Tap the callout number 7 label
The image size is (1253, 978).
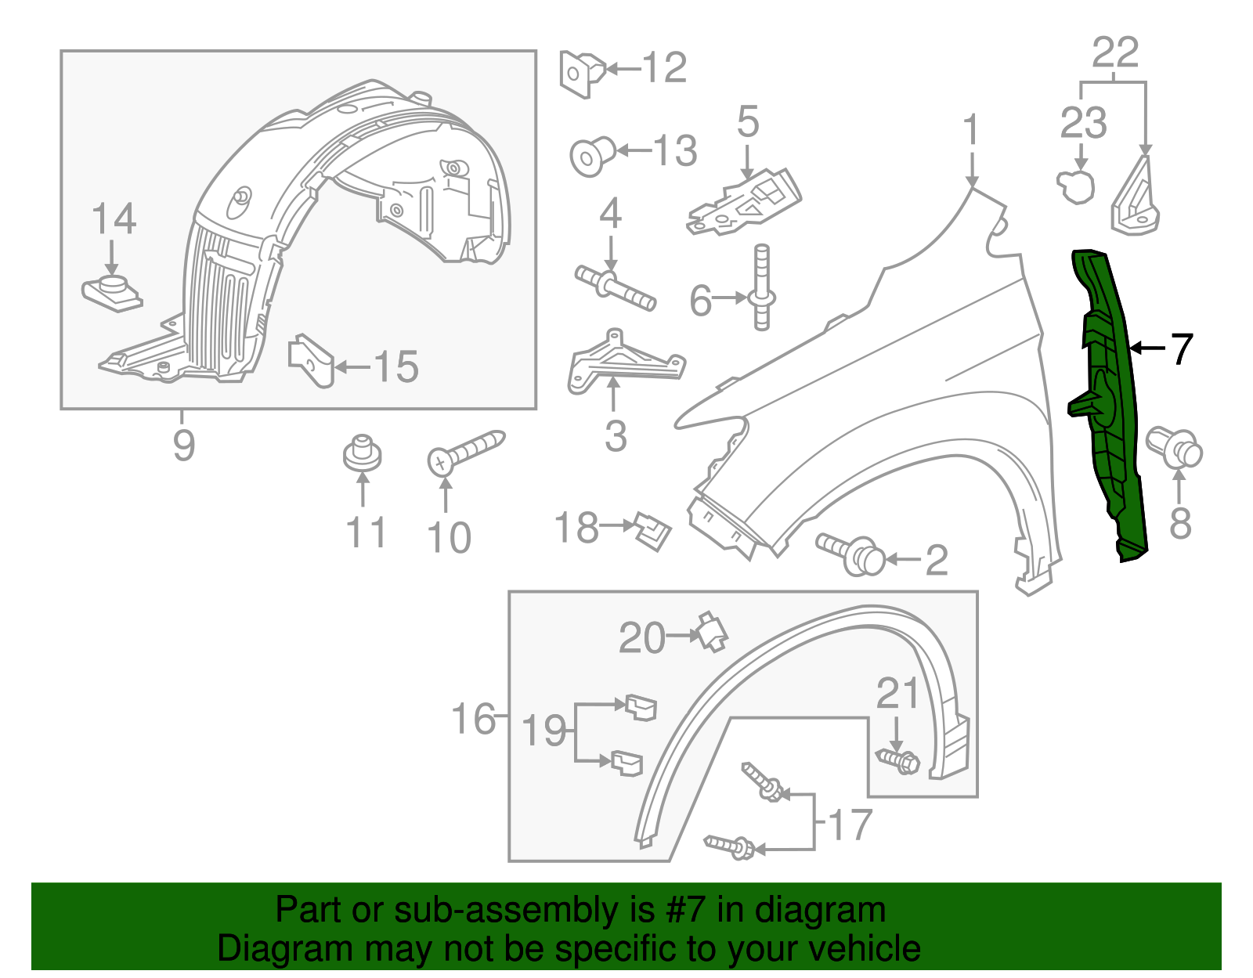[x=1181, y=349]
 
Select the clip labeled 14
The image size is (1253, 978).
[x=112, y=292]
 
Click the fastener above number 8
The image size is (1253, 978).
[x=1175, y=447]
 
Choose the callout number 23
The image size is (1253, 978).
[x=1084, y=123]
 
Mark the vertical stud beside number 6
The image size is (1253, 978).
[x=762, y=287]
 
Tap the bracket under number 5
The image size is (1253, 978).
[x=746, y=202]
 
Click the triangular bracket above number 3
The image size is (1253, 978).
[x=623, y=362]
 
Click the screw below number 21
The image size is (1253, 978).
[x=898, y=760]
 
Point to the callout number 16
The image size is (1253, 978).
[x=474, y=718]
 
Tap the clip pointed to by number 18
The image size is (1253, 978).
[x=653, y=531]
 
